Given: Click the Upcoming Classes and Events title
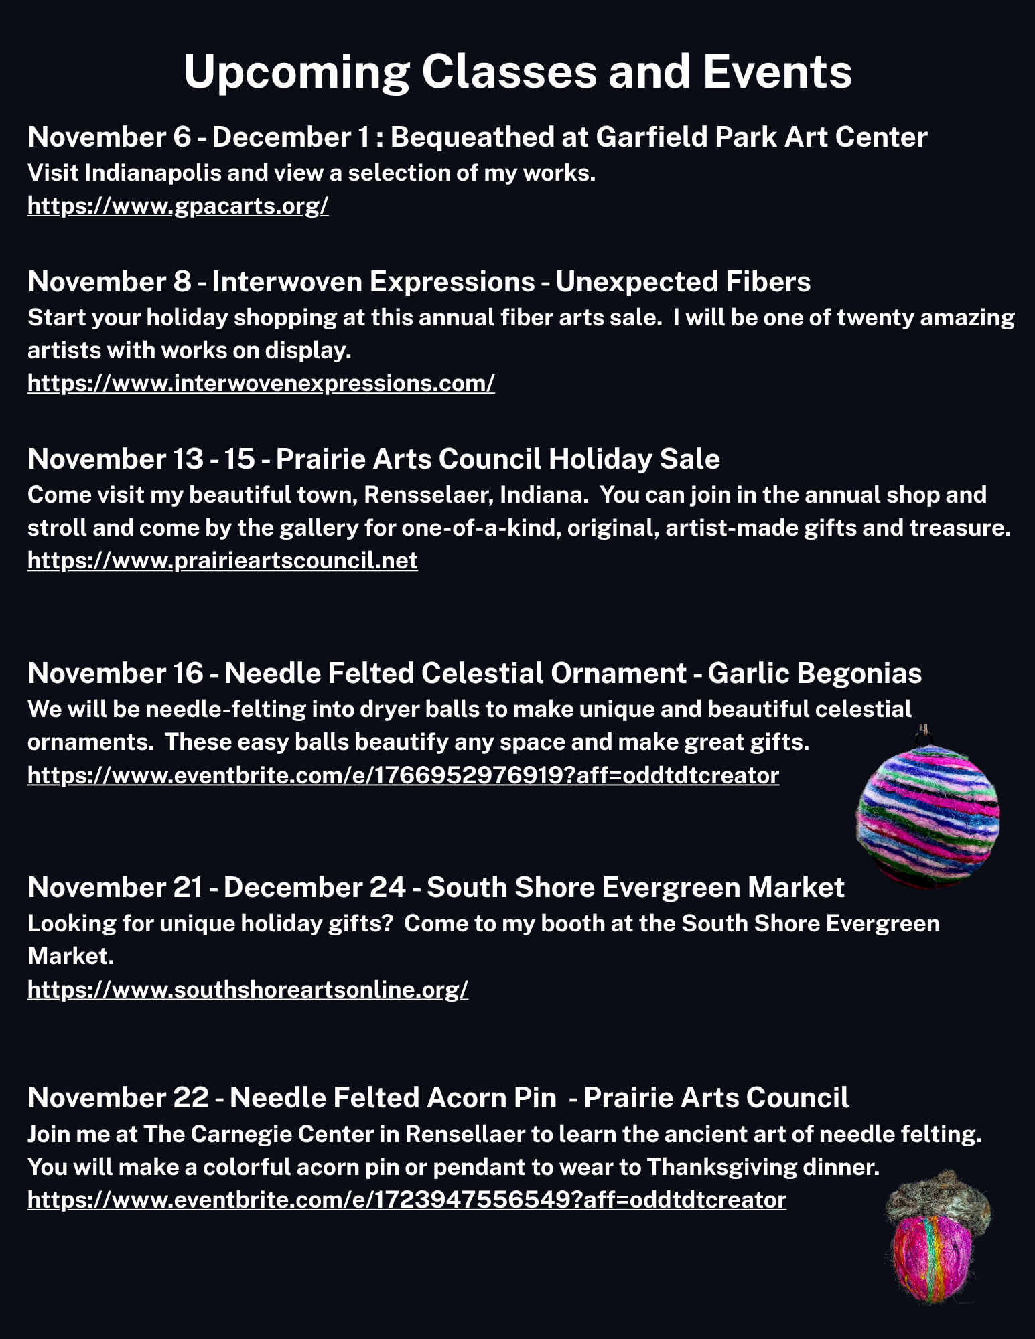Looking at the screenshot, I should click(517, 72).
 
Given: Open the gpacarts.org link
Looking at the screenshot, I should click(178, 206).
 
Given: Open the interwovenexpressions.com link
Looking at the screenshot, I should click(261, 383).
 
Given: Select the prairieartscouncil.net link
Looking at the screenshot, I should click(222, 560).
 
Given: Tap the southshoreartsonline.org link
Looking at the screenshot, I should click(248, 989).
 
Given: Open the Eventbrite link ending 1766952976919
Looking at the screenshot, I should click(403, 775).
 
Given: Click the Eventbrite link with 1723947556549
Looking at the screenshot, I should click(407, 1200).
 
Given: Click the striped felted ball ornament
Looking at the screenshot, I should click(928, 813).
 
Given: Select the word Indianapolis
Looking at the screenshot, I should click(152, 173).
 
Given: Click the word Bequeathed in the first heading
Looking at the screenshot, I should click(472, 137).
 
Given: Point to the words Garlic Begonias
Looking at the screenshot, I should click(815, 674).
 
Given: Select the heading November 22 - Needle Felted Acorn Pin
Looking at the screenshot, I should click(292, 1098).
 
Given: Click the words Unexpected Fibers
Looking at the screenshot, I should click(683, 282).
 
